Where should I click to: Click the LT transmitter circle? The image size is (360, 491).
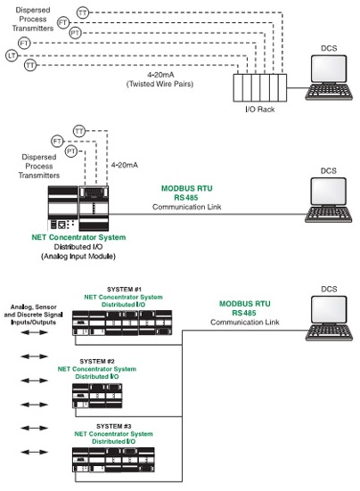pyautogui.click(x=12, y=56)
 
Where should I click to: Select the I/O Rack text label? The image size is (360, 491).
pyautogui.click(x=260, y=110)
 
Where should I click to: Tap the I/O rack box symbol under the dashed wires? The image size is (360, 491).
pyautogui.click(x=260, y=88)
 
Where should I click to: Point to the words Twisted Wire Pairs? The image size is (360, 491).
pyautogui.click(x=160, y=84)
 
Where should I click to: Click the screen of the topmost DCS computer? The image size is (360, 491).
pyautogui.click(x=329, y=70)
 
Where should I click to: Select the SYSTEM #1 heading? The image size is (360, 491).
pyautogui.click(x=124, y=289)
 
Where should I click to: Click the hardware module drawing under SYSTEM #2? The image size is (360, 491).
pyautogui.click(x=97, y=396)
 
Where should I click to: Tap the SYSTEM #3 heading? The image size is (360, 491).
pyautogui.click(x=114, y=426)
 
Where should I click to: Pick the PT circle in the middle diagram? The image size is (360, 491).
pyautogui.click(x=71, y=151)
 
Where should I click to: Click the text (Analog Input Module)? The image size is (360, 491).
pyautogui.click(x=78, y=257)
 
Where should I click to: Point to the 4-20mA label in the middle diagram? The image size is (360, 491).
pyautogui.click(x=125, y=165)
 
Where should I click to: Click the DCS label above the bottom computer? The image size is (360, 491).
pyautogui.click(x=329, y=289)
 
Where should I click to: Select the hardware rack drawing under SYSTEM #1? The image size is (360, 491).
pyautogui.click(x=122, y=323)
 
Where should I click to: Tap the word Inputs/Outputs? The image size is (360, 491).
pyautogui.click(x=33, y=323)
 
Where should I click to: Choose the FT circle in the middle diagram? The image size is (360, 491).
pyautogui.click(x=57, y=141)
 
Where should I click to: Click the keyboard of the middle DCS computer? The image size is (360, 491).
pyautogui.click(x=329, y=215)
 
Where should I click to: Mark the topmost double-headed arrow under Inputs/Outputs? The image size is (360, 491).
pyautogui.click(x=34, y=332)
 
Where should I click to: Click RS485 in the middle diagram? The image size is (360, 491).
pyautogui.click(x=186, y=198)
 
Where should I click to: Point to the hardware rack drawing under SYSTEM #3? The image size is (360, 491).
pyautogui.click(x=113, y=460)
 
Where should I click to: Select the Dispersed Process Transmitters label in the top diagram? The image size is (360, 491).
pyautogui.click(x=33, y=19)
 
